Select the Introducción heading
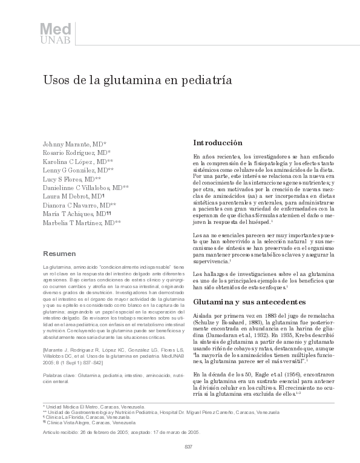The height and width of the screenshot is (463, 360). tap(218, 143)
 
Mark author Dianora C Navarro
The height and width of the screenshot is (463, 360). tap(80, 206)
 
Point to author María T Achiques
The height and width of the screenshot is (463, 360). tap(77, 214)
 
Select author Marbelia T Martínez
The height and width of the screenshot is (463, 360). tap(82, 223)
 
